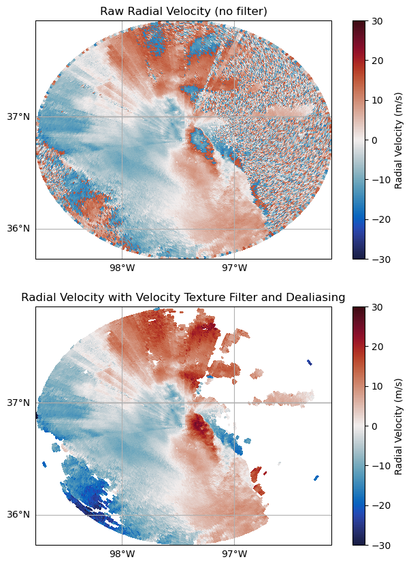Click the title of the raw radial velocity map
click(x=183, y=12)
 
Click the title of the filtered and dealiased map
click(x=183, y=298)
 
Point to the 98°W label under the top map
click(x=122, y=267)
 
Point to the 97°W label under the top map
click(x=235, y=267)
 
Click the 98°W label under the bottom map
click(x=122, y=553)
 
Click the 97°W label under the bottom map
click(x=235, y=553)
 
